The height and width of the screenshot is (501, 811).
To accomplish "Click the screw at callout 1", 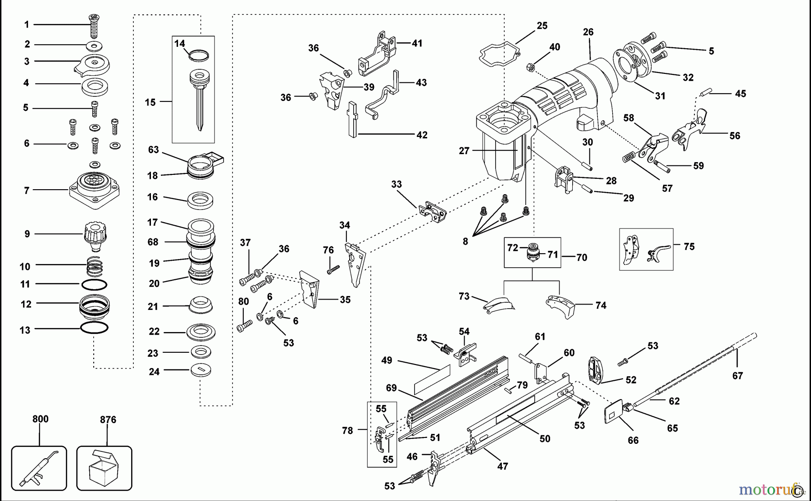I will [x=94, y=25].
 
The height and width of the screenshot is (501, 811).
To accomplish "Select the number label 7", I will [x=27, y=191].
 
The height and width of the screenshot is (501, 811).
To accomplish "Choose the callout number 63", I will [x=154, y=150].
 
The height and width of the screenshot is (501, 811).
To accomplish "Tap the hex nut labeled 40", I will [x=530, y=68].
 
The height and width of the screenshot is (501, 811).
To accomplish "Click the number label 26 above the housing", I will [x=588, y=32].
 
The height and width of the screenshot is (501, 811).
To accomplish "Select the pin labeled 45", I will [x=705, y=94].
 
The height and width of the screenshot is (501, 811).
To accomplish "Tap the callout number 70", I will [x=582, y=257].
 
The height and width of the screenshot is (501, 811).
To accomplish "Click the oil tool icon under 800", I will [x=39, y=469].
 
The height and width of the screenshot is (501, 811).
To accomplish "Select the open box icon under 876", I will [x=104, y=469].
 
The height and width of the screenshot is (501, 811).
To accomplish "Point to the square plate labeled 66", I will [x=614, y=411].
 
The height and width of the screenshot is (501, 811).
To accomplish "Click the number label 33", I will [x=396, y=184].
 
